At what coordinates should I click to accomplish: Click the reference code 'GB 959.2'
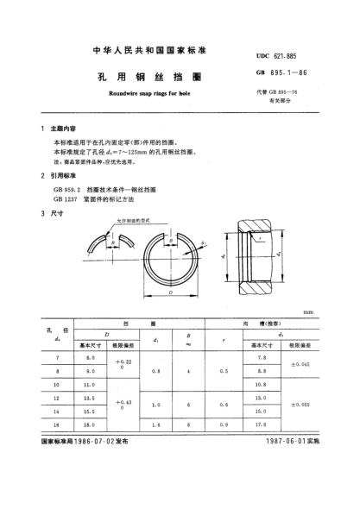click(68, 188)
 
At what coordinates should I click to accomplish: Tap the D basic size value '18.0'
click(89, 424)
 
